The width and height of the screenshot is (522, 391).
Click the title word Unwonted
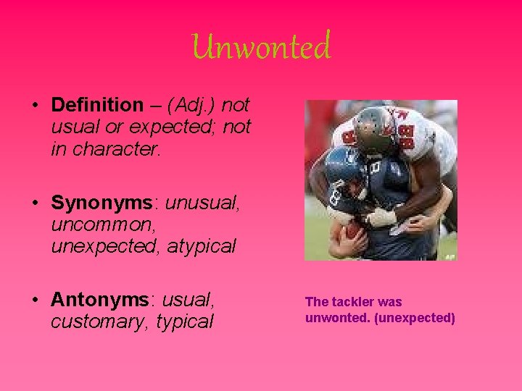pos(262,47)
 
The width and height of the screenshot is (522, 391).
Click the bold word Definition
pos(97,105)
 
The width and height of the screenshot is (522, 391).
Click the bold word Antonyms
pos(100,298)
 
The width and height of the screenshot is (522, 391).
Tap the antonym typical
pos(185,321)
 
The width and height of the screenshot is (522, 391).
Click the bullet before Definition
pos(36,106)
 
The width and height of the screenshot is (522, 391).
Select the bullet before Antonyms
pos(36,299)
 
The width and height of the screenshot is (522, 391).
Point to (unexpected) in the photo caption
pos(415,318)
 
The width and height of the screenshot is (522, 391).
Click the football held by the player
pos(353,230)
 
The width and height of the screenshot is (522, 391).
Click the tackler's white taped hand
pos(381,216)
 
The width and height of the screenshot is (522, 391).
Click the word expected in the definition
pos(136,127)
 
